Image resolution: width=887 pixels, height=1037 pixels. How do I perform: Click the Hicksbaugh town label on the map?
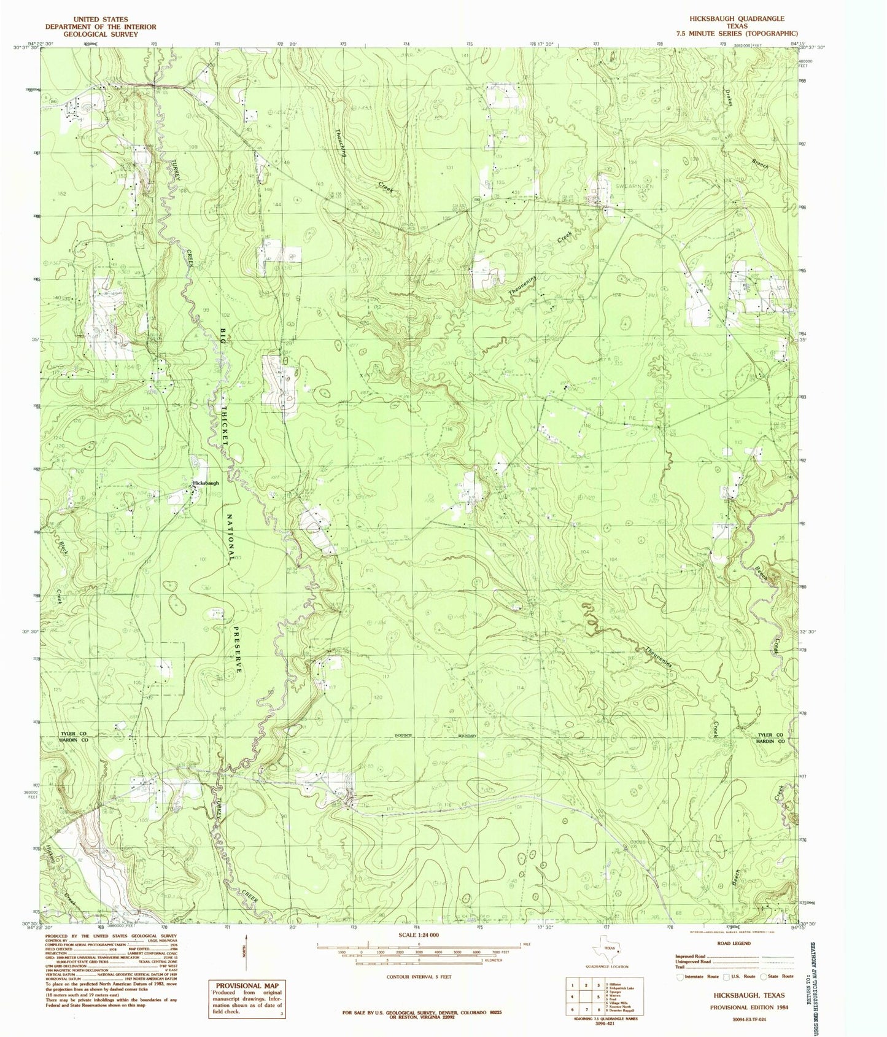205,483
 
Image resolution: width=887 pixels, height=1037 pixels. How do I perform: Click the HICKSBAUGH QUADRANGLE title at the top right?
745,19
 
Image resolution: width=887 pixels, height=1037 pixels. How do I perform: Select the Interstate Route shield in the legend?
680,976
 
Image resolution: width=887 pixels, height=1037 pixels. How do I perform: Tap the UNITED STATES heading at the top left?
99,19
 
